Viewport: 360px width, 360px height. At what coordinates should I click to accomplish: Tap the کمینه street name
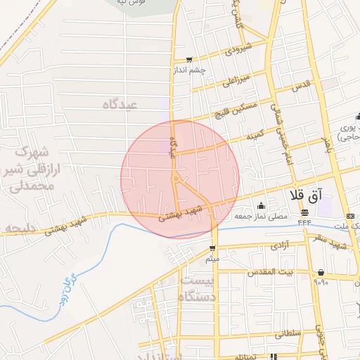point(255,133)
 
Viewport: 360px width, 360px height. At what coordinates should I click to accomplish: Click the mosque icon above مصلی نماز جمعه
point(262,206)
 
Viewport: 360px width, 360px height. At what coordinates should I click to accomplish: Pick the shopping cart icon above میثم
point(212,248)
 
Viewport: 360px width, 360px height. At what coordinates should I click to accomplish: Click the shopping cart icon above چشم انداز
point(188,60)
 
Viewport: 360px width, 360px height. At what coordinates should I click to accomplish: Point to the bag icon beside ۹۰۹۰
point(321,272)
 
